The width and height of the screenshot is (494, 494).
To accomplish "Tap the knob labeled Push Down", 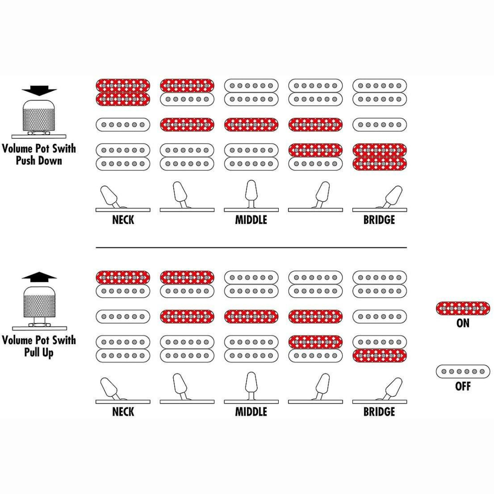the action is (39, 117).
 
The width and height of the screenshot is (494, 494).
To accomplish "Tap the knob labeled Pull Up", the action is (39, 303).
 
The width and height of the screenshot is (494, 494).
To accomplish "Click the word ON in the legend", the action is (463, 323).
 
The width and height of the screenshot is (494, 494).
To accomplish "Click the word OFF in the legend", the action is (463, 386).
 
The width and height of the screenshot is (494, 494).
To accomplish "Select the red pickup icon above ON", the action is (463, 308).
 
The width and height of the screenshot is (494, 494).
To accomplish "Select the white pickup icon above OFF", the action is (463, 371).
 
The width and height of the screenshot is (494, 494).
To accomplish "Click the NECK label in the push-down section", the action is (123, 220).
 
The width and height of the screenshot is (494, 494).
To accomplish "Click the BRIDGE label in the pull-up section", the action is (379, 412).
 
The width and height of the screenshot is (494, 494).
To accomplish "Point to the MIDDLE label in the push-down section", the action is (251, 220).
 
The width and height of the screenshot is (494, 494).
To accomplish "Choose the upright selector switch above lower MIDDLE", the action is (251, 388).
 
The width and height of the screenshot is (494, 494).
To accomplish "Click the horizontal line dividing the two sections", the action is (251, 248).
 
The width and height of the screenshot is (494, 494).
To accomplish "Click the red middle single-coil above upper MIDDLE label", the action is (251, 125).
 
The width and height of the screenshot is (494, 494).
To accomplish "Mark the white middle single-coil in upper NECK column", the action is (123, 125).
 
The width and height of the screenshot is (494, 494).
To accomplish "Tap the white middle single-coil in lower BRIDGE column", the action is (380, 317).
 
